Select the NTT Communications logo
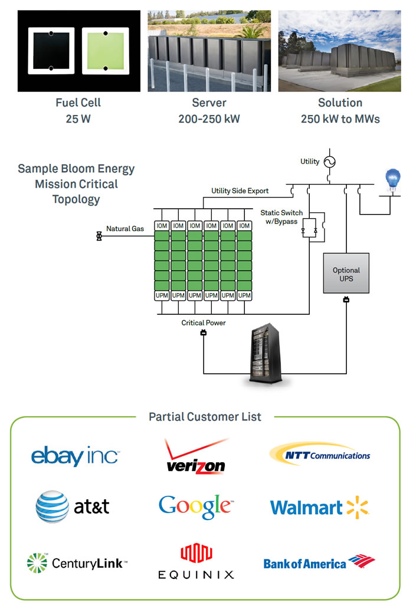coord(320,455)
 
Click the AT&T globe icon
coord(51,506)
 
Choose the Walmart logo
coord(319,508)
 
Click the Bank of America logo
coord(319,562)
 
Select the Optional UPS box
coord(346,274)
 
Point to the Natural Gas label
coord(125,229)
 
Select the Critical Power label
coord(204,323)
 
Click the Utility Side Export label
coord(240,191)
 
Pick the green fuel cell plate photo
coord(105,51)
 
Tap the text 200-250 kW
coord(209,118)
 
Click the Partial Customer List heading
coord(205,417)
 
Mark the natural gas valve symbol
coord(98,236)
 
